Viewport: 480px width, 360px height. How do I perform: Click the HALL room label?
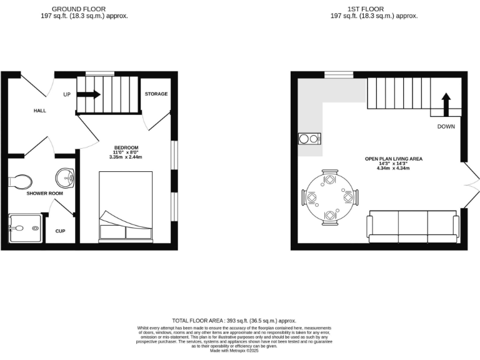tap(40, 111)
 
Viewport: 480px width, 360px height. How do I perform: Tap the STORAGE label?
tap(156, 94)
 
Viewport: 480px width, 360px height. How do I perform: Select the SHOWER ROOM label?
tap(44, 193)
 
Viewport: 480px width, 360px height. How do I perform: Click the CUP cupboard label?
tap(60, 231)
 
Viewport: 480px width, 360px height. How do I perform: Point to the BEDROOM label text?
tap(126, 147)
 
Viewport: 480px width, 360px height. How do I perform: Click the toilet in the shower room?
tap(21, 181)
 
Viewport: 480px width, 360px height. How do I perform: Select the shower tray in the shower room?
tap(26, 228)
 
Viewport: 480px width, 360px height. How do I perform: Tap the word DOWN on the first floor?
tap(446, 126)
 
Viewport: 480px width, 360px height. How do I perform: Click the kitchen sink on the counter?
tap(309, 138)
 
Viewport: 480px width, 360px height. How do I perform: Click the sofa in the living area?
tap(412, 226)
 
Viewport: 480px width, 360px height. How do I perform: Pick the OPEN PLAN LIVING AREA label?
tap(394, 159)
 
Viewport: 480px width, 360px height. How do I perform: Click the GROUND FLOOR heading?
tap(78, 9)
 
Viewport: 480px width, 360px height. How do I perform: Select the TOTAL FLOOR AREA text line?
tap(234, 320)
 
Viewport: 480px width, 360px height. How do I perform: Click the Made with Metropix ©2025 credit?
tap(234, 351)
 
